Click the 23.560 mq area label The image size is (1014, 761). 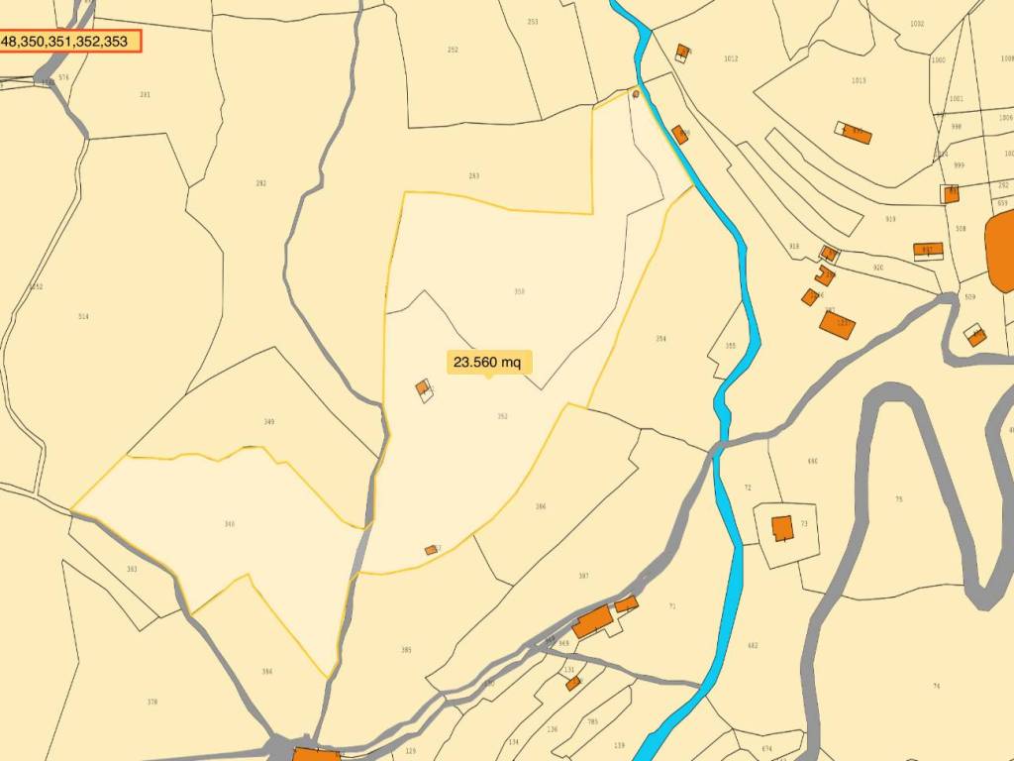[x=486, y=362]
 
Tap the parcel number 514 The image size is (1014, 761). [x=83, y=317]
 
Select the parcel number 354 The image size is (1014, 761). [x=660, y=339]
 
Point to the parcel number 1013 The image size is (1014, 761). [x=859, y=81]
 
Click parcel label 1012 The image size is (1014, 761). [x=731, y=59]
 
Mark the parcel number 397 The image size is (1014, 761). [x=583, y=576]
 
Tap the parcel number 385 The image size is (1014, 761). [x=406, y=650]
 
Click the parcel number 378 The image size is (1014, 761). [x=152, y=702]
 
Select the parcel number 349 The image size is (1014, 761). [x=268, y=422]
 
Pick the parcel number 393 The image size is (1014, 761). [x=132, y=569]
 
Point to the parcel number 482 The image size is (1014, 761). [x=753, y=646]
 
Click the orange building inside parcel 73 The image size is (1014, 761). [x=782, y=528]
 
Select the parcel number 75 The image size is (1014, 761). [x=898, y=499]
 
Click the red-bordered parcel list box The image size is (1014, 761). [x=69, y=42]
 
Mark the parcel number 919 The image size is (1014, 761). [x=890, y=219]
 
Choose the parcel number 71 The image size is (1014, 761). [x=672, y=606]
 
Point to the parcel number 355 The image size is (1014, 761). [x=731, y=346]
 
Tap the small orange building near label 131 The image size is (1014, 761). [x=573, y=683]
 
